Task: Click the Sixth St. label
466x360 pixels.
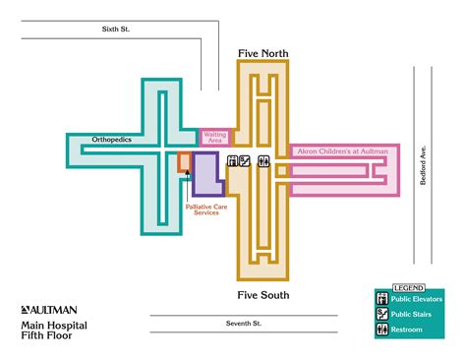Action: (116, 30)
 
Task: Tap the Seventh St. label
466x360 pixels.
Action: (242, 323)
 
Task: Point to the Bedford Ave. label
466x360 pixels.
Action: (424, 167)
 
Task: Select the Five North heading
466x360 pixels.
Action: (262, 52)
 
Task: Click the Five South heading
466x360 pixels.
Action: (262, 294)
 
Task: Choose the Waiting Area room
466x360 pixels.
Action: (215, 138)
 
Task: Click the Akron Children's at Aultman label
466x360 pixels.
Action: (339, 150)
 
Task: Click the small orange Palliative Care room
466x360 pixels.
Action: (184, 162)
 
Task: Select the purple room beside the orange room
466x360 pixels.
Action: (205, 172)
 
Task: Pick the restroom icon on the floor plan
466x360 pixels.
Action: (262, 160)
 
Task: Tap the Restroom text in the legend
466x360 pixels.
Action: (407, 330)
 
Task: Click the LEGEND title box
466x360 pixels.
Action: (406, 287)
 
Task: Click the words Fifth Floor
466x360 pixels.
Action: (46, 334)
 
